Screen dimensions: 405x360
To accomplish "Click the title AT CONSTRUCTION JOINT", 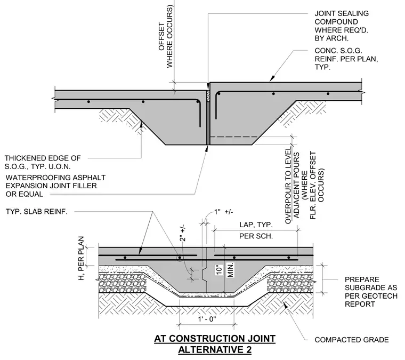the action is (215, 339).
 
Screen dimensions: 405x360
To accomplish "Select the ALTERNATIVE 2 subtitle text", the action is (215, 350).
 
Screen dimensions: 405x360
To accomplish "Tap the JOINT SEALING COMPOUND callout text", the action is (342, 26).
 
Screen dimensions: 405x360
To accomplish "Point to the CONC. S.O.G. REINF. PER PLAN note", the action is (346, 59).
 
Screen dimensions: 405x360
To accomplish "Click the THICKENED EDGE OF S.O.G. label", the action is (43, 162).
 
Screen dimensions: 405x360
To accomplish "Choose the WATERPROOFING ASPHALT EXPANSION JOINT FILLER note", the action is (55, 186).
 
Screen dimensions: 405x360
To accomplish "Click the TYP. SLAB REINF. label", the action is (36, 212).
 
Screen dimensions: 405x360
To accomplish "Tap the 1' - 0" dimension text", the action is (207, 319).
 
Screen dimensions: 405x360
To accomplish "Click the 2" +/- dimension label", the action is (182, 234).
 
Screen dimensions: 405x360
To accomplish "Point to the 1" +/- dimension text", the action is (223, 212).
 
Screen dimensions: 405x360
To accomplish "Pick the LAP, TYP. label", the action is (256, 225).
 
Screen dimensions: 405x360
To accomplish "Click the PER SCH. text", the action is (256, 236).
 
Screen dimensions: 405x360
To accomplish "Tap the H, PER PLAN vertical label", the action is (81, 259).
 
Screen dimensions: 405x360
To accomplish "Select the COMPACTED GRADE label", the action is (352, 340).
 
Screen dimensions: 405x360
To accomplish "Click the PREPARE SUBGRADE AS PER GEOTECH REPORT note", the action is (371, 292).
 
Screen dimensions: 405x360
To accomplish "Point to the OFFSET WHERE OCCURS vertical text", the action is (166, 37).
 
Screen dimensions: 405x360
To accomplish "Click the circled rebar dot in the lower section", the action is (179, 258).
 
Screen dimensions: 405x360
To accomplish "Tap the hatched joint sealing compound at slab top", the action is (208, 96).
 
